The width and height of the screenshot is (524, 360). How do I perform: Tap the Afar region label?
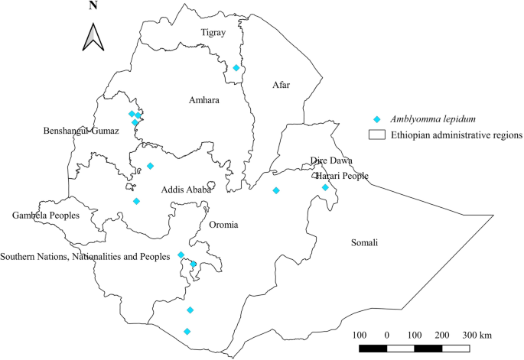[284, 86]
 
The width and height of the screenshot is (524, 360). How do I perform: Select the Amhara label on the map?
[203, 100]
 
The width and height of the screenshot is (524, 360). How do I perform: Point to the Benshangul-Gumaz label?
[81, 131]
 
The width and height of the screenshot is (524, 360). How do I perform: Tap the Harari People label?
[341, 176]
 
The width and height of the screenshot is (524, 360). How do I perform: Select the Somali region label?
[363, 243]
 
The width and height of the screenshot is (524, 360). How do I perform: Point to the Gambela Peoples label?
[46, 216]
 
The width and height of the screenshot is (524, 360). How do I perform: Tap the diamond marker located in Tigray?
[236, 68]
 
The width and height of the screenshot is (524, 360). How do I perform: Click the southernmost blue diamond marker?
[187, 331]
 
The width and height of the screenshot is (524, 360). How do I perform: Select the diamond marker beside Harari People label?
[325, 187]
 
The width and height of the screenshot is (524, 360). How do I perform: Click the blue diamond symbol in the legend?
[376, 120]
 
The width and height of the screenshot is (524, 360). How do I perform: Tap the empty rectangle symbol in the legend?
[376, 135]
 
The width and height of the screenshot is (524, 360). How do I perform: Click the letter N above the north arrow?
[93, 6]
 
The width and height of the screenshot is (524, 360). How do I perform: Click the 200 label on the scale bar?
[442, 336]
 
